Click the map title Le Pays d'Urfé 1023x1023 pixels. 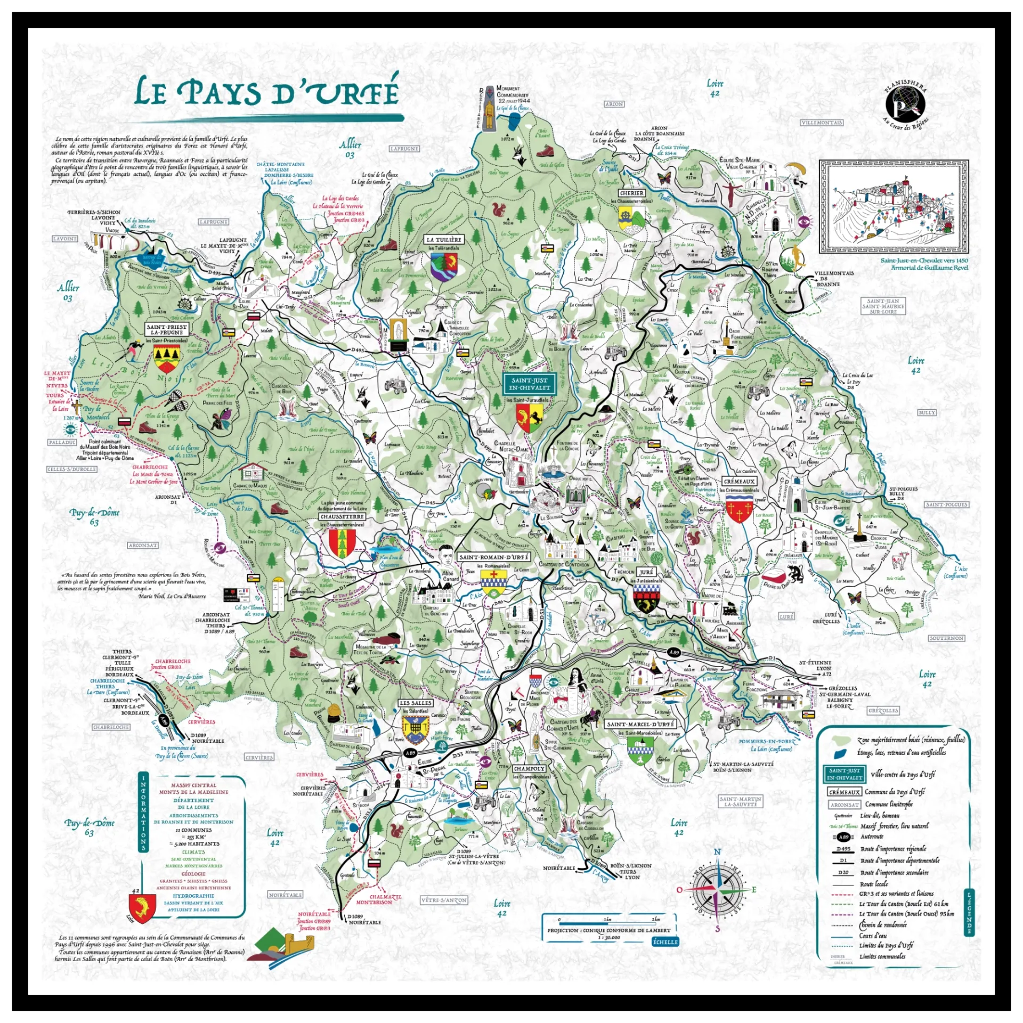pyautogui.click(x=266, y=92)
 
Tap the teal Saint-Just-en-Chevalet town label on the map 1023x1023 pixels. pyautogui.click(x=529, y=384)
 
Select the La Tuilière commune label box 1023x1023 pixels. pyautogui.click(x=444, y=240)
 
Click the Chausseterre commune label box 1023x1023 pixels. pyautogui.click(x=342, y=516)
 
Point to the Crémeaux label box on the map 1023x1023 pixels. pyautogui.click(x=739, y=481)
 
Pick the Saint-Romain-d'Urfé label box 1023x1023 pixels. pyautogui.click(x=494, y=557)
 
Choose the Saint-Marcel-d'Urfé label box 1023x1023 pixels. pyautogui.click(x=641, y=724)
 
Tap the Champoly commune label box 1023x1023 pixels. pyautogui.click(x=529, y=769)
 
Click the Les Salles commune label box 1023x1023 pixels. pyautogui.click(x=415, y=703)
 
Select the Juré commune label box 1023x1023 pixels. pyautogui.click(x=646, y=572)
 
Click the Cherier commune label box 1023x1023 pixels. pyautogui.click(x=632, y=193)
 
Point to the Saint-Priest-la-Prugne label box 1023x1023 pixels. pyautogui.click(x=167, y=329)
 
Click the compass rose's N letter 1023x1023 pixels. pyautogui.click(x=717, y=852)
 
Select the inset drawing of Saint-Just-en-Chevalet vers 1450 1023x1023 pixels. pyautogui.click(x=894, y=207)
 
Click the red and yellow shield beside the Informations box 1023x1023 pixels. pyautogui.click(x=142, y=908)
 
